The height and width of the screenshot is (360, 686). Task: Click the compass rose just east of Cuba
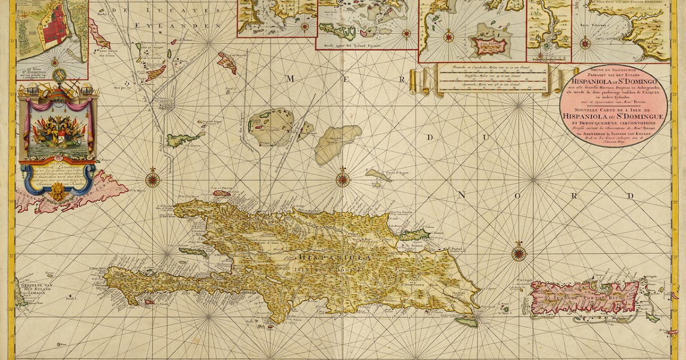click(x=153, y=178)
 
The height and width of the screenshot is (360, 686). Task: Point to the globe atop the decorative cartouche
click(x=59, y=74)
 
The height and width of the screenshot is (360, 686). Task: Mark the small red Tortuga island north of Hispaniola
click(x=222, y=193)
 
